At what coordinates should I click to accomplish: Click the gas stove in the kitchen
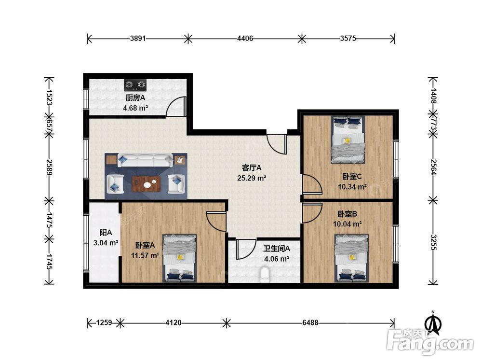tap(135, 84)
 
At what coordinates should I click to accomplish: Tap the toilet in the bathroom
tap(265, 275)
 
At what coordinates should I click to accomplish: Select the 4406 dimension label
tap(245, 39)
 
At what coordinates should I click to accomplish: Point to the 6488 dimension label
tap(310, 322)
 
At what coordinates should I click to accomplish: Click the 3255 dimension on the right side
tap(433, 242)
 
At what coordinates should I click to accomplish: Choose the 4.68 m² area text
tap(135, 108)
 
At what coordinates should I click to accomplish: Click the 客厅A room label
tap(252, 168)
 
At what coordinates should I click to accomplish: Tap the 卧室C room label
tap(352, 176)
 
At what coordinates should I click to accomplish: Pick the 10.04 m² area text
tap(347, 224)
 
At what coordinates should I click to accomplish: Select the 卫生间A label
tap(276, 249)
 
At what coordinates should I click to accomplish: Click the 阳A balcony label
tap(106, 233)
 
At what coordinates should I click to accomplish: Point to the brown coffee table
tap(146, 184)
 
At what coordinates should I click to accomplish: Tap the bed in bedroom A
tap(179, 258)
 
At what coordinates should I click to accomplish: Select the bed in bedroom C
tap(348, 139)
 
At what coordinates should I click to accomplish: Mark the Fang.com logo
tap(430, 340)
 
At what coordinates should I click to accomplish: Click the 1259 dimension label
tap(104, 322)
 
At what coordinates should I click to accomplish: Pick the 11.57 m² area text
tap(145, 255)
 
